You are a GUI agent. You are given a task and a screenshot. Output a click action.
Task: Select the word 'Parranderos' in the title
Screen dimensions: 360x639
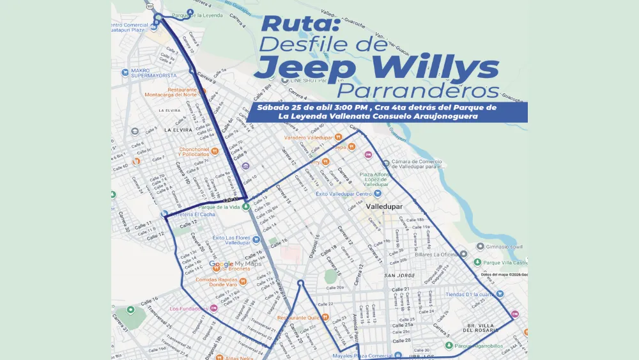(x=419, y=90)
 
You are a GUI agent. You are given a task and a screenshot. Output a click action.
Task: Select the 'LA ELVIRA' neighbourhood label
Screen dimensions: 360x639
(x=178, y=129)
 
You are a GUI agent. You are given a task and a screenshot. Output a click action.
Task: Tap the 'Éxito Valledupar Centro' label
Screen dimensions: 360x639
(x=344, y=194)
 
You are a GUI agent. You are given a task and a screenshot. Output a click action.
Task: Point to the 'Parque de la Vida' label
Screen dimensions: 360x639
(x=219, y=207)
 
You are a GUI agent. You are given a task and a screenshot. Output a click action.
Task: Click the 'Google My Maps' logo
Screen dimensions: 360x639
(x=235, y=264)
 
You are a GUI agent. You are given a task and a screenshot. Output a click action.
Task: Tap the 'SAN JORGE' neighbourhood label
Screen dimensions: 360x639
(x=399, y=275)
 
